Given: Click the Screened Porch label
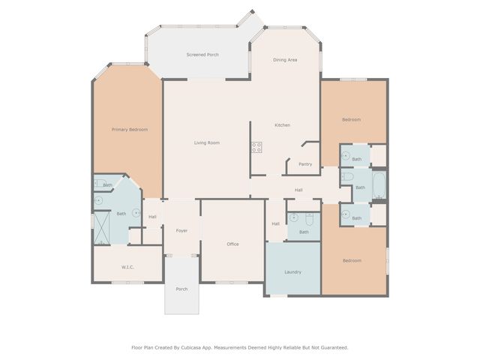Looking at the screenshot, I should (202, 55).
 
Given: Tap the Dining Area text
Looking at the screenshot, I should (285, 59).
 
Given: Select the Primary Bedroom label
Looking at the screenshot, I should (130, 130).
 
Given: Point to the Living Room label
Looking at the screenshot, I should (207, 142).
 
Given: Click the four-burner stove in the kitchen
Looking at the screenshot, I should (256, 147).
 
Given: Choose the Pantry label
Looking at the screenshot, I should (305, 163).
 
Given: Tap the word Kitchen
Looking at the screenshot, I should (282, 124).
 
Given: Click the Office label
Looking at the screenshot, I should (232, 244).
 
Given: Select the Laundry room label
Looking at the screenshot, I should (292, 271).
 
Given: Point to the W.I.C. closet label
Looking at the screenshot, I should (127, 267).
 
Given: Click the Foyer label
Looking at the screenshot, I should (181, 230).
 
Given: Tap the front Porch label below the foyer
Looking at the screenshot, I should (181, 289).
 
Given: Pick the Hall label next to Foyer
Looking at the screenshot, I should (152, 217).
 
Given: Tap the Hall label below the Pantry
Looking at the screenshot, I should (298, 190).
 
